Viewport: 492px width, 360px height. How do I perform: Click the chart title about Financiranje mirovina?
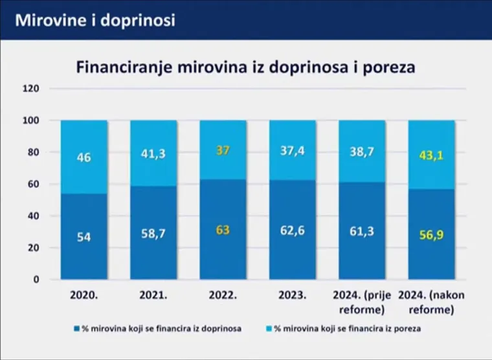(245, 67)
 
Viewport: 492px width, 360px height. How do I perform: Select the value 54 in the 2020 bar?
(84, 238)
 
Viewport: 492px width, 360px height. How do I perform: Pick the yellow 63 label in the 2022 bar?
(222, 229)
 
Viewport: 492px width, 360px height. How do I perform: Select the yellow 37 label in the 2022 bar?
(222, 150)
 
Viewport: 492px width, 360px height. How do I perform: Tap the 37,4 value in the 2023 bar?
(292, 150)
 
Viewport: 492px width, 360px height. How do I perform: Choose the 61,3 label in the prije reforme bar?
(361, 231)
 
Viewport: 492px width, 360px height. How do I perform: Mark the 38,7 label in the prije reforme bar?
(361, 152)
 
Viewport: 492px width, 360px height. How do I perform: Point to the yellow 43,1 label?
(430, 155)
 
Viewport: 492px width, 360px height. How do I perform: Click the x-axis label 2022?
(222, 295)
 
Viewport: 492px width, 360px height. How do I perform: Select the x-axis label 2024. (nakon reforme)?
(431, 302)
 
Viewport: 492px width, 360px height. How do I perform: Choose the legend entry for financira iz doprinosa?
(158, 329)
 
